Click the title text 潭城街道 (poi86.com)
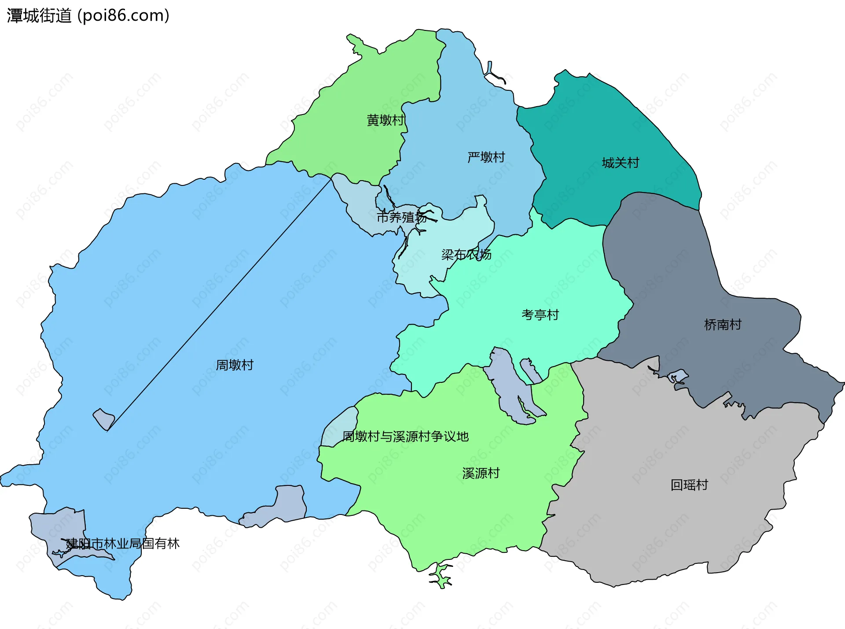point(88,16)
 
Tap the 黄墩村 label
point(386,120)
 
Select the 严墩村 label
point(486,157)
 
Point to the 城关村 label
point(620,163)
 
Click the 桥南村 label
point(723,325)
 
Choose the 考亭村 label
point(540,314)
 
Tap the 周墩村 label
point(235,365)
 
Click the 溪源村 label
point(481,473)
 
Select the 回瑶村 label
point(689,485)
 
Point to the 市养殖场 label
point(402,217)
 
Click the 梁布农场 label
point(467,255)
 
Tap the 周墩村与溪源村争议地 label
point(405,437)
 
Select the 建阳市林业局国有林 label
point(123,544)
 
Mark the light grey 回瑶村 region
point(660,440)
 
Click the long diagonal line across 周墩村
point(220,304)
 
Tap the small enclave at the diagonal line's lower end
point(104,419)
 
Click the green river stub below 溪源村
point(440,577)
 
